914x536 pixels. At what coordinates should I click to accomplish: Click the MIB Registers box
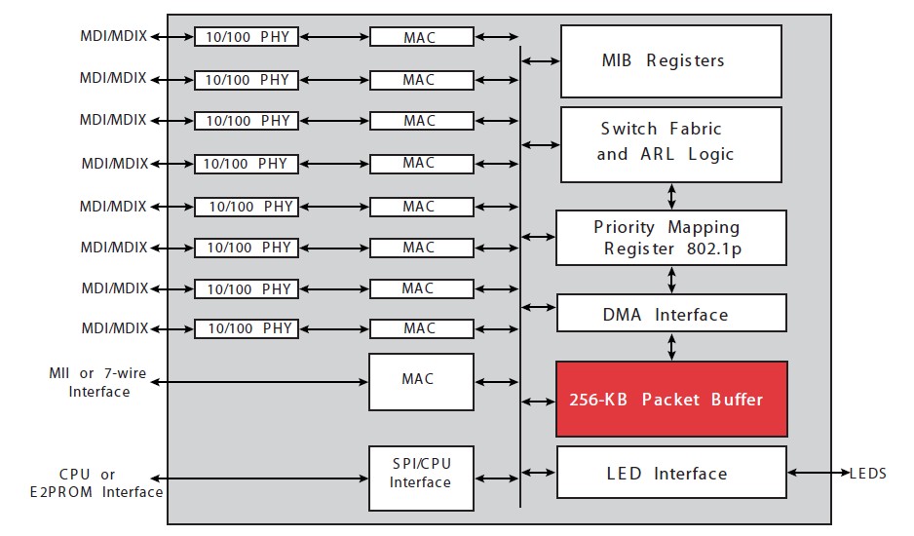click(x=671, y=61)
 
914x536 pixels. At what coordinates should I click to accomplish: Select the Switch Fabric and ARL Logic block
click(x=671, y=144)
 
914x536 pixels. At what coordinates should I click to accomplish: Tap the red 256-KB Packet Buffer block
click(x=671, y=399)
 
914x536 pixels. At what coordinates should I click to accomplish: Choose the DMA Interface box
click(x=671, y=313)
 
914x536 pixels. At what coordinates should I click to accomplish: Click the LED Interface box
click(x=671, y=473)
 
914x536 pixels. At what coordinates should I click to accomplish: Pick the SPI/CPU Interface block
click(x=421, y=479)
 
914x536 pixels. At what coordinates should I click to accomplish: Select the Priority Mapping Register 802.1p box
click(x=671, y=238)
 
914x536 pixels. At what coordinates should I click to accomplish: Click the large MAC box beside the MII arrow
click(x=421, y=382)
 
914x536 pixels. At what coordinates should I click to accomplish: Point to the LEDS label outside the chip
click(x=868, y=473)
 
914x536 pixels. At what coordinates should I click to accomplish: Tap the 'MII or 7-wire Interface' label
click(x=97, y=382)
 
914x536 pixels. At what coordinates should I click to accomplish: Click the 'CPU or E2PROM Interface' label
click(x=96, y=483)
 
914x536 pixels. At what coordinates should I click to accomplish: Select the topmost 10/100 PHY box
click(x=247, y=37)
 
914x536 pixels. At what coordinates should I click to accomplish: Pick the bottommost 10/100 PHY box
click(x=247, y=329)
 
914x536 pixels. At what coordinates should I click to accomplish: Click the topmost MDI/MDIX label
click(x=114, y=36)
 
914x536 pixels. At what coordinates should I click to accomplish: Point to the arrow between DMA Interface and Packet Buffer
click(x=671, y=347)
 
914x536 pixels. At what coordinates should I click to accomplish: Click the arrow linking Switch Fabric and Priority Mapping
click(x=671, y=197)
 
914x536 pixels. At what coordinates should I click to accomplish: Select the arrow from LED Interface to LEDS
click(x=819, y=473)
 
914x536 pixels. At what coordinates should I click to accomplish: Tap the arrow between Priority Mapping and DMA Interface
click(x=671, y=280)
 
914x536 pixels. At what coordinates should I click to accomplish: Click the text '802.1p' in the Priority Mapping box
click(x=714, y=249)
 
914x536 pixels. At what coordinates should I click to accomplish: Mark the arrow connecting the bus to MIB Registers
click(x=541, y=60)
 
